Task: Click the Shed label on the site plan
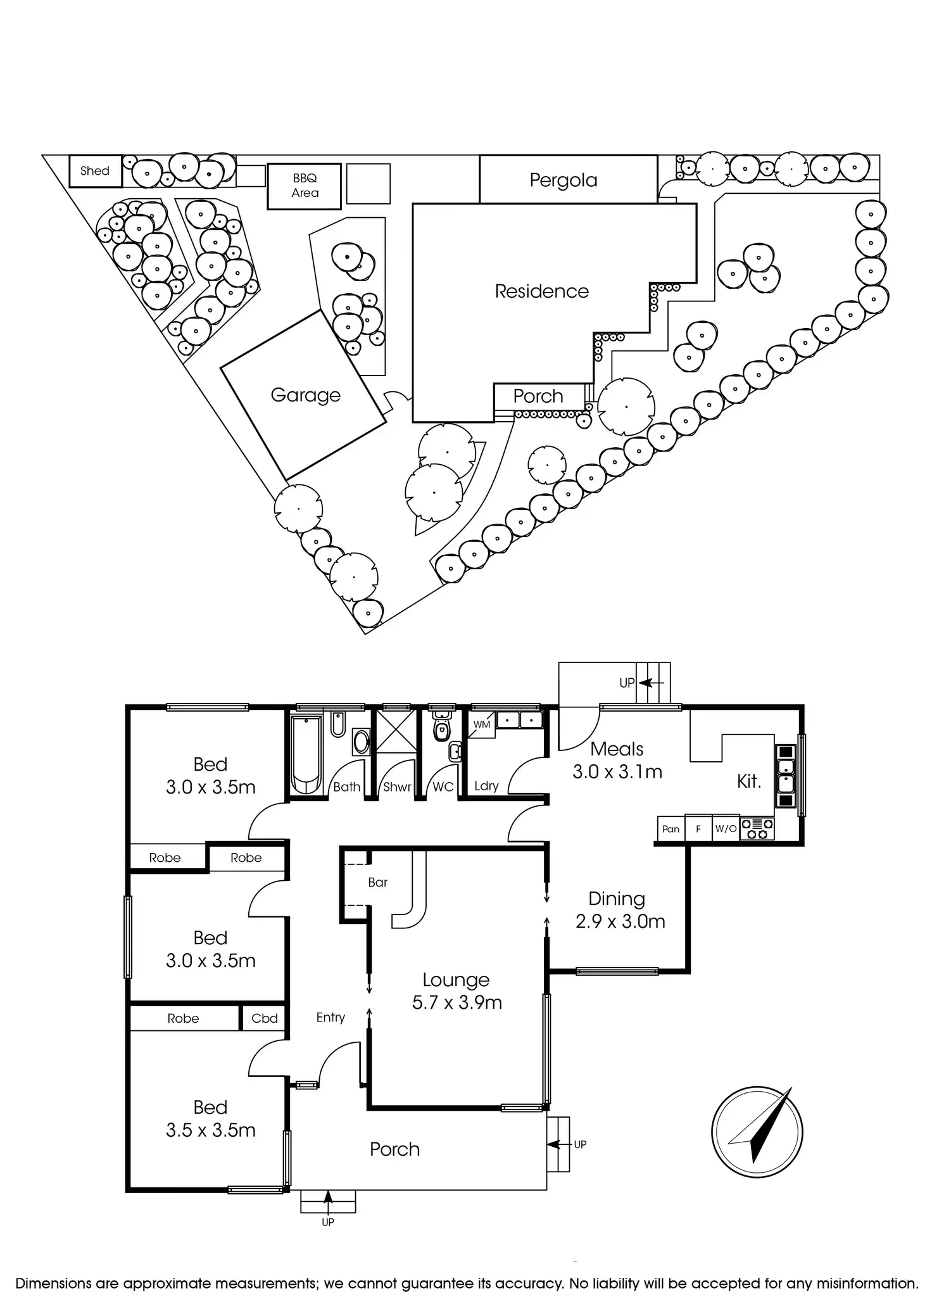click(x=94, y=171)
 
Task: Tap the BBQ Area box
click(x=305, y=186)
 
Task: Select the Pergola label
click(x=564, y=180)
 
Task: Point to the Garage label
click(x=305, y=395)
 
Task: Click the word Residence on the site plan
click(x=541, y=291)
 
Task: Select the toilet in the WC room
click(x=441, y=730)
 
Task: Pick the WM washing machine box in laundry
click(x=481, y=724)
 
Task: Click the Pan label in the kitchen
click(x=671, y=829)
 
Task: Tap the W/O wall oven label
click(x=726, y=829)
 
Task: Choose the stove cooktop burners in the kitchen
click(x=757, y=829)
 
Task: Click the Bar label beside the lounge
click(x=377, y=882)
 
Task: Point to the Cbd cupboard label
click(x=265, y=1018)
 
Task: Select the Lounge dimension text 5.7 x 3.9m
click(x=457, y=1002)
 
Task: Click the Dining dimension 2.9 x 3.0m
click(x=620, y=921)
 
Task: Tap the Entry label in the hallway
click(x=331, y=1017)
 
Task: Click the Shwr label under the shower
click(x=397, y=787)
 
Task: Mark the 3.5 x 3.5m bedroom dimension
click(x=210, y=1130)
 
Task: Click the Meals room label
click(x=617, y=749)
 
